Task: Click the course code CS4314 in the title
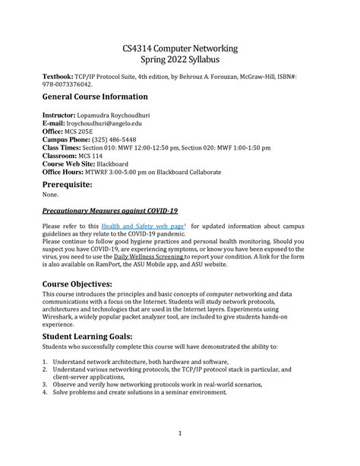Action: pyautogui.click(x=141, y=49)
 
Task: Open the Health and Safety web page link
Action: pyautogui.click(x=144, y=227)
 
